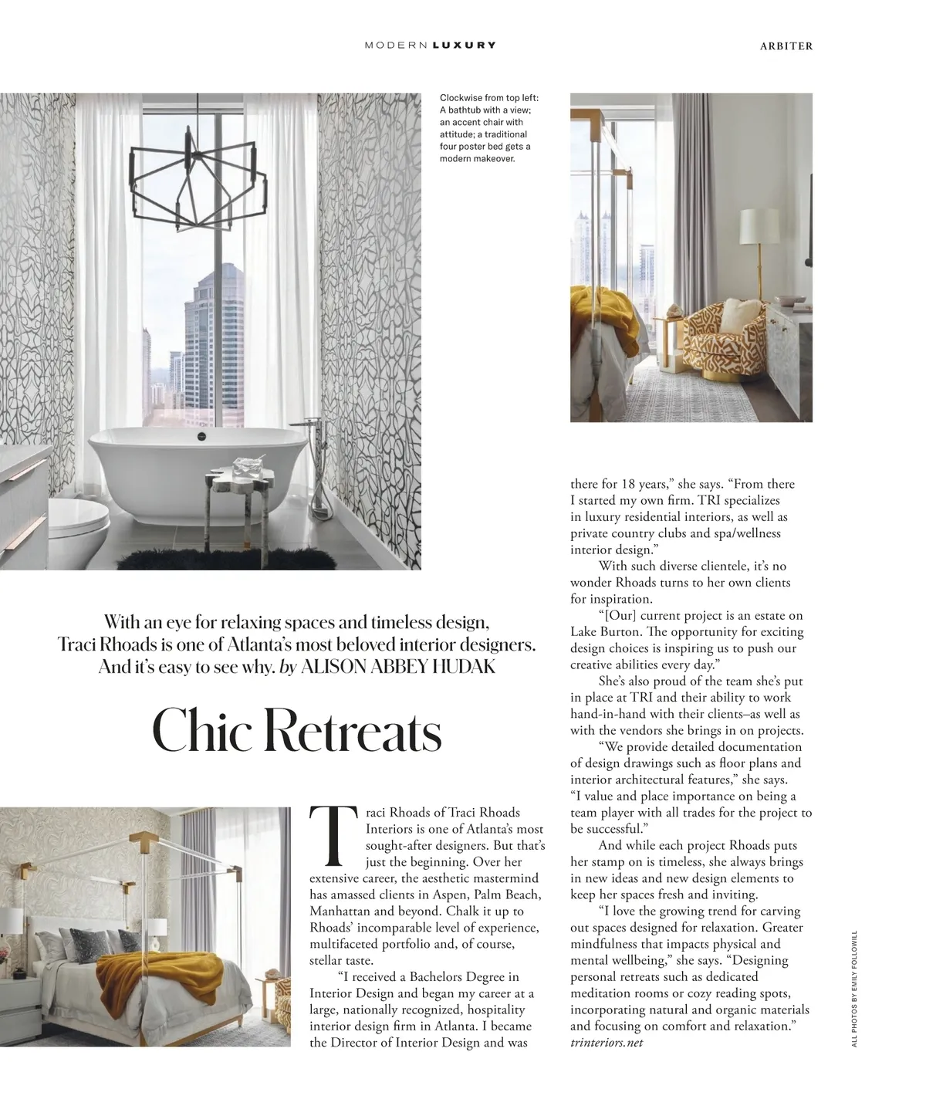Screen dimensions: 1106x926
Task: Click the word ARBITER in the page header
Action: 786,46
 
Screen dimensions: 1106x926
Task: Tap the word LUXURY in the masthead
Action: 465,46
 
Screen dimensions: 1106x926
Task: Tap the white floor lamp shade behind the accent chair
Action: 759,226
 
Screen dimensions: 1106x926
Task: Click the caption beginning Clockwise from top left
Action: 490,128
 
